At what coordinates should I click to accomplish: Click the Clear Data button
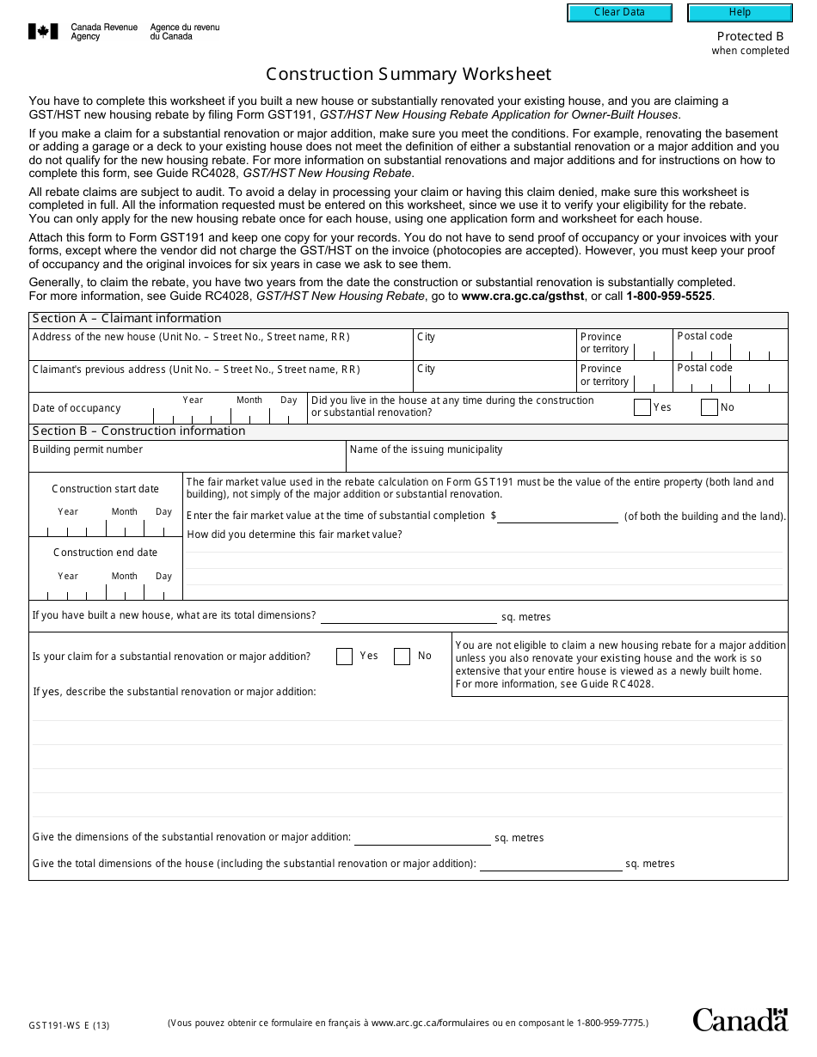[619, 13]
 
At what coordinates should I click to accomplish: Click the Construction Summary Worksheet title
[408, 74]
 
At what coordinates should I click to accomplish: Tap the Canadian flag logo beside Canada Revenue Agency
[44, 32]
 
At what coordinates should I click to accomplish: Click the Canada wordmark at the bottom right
[740, 1019]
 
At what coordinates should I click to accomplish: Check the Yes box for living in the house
[642, 407]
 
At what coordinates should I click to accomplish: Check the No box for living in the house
[709, 407]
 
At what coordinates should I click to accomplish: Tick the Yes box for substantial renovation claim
[344, 657]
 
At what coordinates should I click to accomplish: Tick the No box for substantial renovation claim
[402, 657]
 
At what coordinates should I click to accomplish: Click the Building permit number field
[187, 461]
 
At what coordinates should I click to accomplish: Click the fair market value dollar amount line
[557, 516]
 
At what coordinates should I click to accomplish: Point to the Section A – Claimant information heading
[126, 319]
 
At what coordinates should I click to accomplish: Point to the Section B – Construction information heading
[138, 431]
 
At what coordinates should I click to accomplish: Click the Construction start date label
[105, 489]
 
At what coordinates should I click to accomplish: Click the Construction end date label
[105, 553]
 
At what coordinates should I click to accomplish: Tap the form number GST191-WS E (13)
[69, 1024]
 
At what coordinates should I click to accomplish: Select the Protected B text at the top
[750, 36]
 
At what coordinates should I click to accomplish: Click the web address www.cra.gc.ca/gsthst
[523, 296]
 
